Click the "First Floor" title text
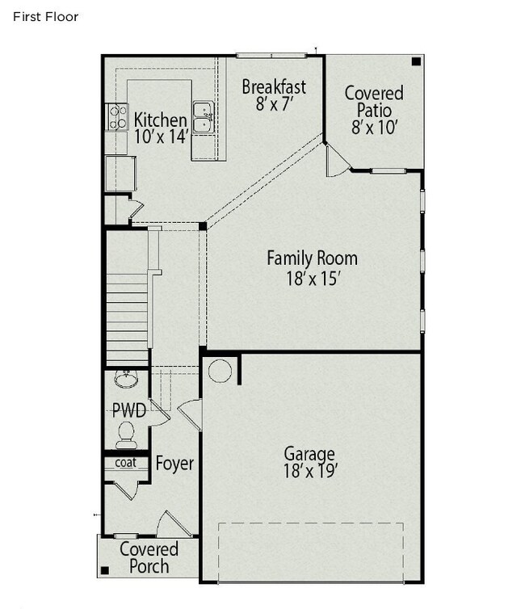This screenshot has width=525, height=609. (46, 17)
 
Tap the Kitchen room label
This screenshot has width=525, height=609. (161, 120)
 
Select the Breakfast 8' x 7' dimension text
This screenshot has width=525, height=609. (274, 103)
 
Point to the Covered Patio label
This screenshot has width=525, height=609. (374, 102)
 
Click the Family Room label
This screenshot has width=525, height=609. (313, 258)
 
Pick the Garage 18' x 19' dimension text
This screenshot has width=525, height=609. (309, 471)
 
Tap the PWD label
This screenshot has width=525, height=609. (129, 410)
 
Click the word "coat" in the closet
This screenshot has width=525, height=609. (126, 463)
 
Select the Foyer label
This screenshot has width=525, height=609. (174, 464)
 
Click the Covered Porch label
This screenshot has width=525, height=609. (149, 557)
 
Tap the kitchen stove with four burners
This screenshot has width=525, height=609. (117, 117)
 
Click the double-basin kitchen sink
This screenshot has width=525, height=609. (204, 118)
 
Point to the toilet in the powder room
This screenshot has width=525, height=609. (125, 436)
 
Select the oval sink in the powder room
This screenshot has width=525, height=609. (126, 380)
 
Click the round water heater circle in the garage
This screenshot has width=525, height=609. (220, 371)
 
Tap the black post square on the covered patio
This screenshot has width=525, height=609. (416, 61)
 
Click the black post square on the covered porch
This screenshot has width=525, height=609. (105, 570)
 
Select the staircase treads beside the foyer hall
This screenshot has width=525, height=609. (127, 319)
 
